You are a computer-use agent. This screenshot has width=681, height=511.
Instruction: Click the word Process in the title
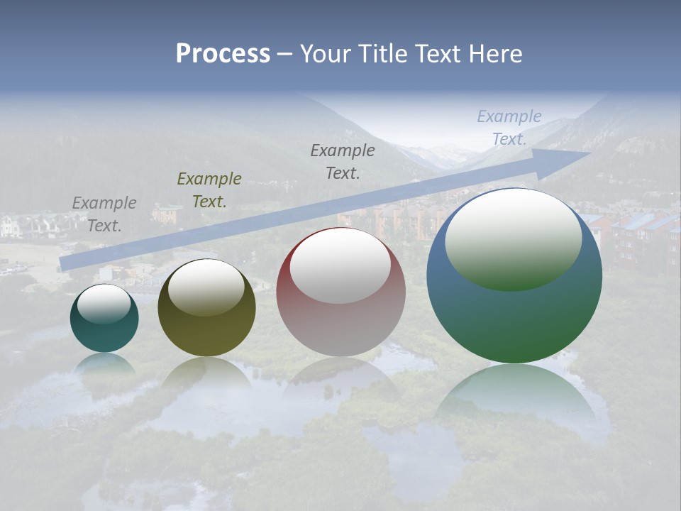pos(223,54)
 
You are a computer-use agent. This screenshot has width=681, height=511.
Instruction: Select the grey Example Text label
pos(104,214)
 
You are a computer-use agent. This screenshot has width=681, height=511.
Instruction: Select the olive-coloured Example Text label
pos(209,189)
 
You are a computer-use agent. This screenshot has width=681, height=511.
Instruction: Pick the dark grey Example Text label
pos(343,161)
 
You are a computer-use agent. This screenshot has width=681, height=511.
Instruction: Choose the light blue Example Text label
pos(509,128)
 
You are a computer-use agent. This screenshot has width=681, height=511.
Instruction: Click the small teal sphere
pos(104,334)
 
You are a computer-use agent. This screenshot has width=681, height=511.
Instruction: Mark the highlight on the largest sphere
pos(514,238)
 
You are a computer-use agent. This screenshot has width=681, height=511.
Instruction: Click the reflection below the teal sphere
pos(105,366)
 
